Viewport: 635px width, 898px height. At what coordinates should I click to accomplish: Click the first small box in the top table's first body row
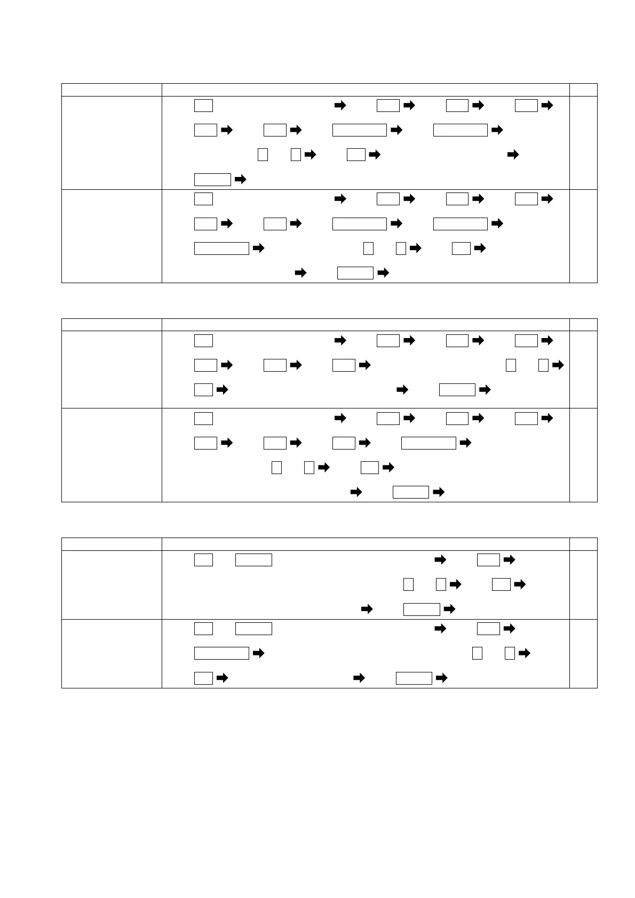(x=203, y=106)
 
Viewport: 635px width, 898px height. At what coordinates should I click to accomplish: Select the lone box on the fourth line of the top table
(x=212, y=179)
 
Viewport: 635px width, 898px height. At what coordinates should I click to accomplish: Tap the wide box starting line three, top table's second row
(x=221, y=248)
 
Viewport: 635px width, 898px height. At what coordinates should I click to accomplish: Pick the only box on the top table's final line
(x=355, y=273)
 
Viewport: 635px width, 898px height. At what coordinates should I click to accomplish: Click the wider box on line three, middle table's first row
(x=457, y=390)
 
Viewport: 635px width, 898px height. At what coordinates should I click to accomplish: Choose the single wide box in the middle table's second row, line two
(x=428, y=443)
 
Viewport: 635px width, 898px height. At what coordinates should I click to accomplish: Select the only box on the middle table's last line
(x=410, y=492)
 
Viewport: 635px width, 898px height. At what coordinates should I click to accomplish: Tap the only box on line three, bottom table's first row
(x=422, y=609)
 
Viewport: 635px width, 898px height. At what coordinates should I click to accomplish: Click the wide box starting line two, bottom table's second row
(x=221, y=653)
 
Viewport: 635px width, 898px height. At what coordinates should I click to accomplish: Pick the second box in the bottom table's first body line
(x=253, y=560)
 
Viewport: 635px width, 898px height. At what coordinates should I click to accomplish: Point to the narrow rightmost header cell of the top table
(x=583, y=90)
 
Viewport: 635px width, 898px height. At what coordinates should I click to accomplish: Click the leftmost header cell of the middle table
(x=112, y=325)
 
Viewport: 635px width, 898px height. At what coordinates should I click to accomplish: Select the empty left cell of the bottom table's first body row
(x=112, y=585)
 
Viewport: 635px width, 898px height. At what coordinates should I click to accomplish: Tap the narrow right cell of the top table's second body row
(x=583, y=236)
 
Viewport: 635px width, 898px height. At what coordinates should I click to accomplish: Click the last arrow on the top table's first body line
(x=547, y=106)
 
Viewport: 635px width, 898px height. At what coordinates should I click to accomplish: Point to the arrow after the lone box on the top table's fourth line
(x=240, y=179)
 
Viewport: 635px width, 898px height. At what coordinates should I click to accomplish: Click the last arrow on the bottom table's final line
(x=442, y=678)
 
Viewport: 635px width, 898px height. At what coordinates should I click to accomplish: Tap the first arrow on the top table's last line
(x=300, y=273)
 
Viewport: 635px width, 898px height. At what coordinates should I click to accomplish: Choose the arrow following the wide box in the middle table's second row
(x=465, y=443)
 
